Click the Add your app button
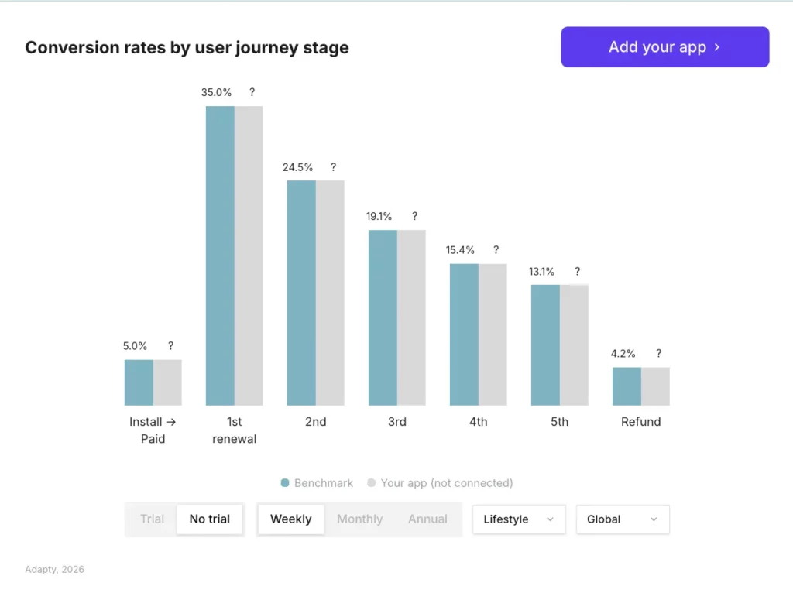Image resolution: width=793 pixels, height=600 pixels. (664, 47)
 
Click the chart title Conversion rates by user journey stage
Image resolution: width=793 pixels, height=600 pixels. (187, 48)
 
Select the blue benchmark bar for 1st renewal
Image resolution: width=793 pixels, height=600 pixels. (220, 255)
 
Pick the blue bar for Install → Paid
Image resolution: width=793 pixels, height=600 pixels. (139, 382)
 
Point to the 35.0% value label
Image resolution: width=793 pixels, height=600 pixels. (216, 92)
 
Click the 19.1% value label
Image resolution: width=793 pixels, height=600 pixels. (379, 217)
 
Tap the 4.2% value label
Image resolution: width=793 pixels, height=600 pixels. (623, 354)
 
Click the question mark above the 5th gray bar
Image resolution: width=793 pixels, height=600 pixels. (577, 272)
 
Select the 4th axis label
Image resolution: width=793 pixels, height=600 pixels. (478, 422)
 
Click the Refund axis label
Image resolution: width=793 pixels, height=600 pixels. (640, 422)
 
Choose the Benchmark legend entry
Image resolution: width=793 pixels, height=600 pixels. (317, 483)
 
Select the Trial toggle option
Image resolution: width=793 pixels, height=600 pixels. (152, 519)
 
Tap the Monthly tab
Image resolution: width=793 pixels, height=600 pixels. (359, 519)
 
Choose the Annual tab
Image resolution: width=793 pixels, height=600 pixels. (427, 519)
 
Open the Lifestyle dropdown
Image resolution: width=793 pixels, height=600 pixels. (519, 519)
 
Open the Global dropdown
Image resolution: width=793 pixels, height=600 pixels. (622, 519)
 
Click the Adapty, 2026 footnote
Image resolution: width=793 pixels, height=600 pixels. (54, 570)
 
